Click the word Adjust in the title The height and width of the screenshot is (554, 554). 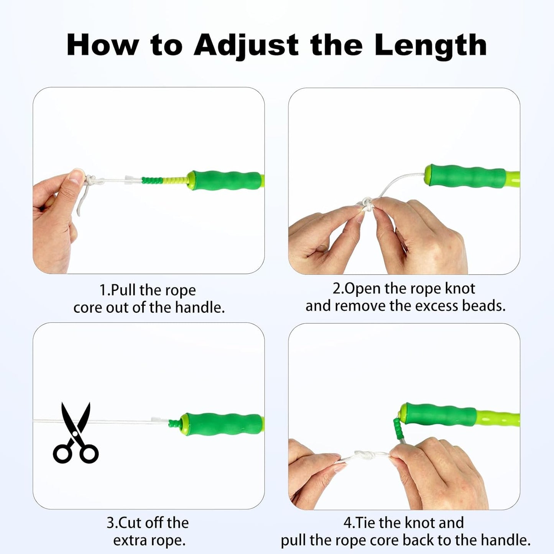point(246,45)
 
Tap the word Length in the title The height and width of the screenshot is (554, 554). point(430,45)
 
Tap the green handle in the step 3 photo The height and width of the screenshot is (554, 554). point(222,423)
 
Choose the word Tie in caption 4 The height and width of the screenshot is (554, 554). point(363,523)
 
